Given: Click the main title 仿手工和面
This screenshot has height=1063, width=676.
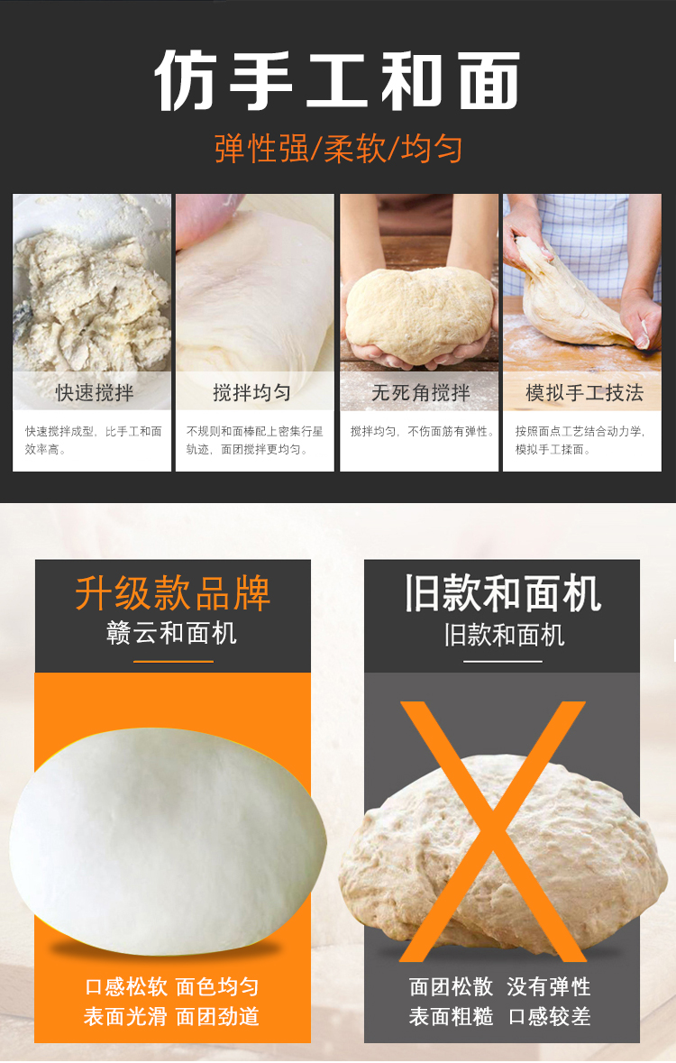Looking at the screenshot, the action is tap(337, 80).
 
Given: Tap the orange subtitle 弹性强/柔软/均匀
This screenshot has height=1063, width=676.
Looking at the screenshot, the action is tap(338, 149).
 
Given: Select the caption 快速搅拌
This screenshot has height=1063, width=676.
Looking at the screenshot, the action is tap(95, 392).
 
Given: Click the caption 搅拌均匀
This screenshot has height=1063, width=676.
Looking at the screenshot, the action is tap(251, 392).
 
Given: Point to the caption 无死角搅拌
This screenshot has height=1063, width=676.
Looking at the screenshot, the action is tap(420, 392).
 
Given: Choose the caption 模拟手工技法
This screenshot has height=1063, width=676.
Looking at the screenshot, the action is tap(584, 392).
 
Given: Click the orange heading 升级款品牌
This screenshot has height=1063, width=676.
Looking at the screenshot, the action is tap(172, 593).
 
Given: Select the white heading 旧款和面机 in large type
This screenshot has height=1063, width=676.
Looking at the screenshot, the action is tap(502, 593).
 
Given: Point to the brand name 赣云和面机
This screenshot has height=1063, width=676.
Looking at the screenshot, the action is tap(171, 633).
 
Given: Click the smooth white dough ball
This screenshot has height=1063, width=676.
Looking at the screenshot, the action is tap(168, 840).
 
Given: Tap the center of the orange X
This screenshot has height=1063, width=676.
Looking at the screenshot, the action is tap(493, 831).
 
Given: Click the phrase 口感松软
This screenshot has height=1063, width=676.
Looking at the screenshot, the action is tap(126, 987).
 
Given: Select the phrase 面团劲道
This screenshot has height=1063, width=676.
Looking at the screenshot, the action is tap(217, 1017).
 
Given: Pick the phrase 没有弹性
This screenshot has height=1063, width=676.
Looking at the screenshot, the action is tap(549, 987).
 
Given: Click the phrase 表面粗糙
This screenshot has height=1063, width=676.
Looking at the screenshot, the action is tap(451, 1017).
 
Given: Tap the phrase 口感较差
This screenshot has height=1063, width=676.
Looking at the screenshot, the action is tap(549, 1017).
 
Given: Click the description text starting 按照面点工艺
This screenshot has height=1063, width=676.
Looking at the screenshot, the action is tap(580, 440).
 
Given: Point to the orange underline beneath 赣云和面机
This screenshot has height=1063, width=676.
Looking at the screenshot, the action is tap(173, 661).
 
